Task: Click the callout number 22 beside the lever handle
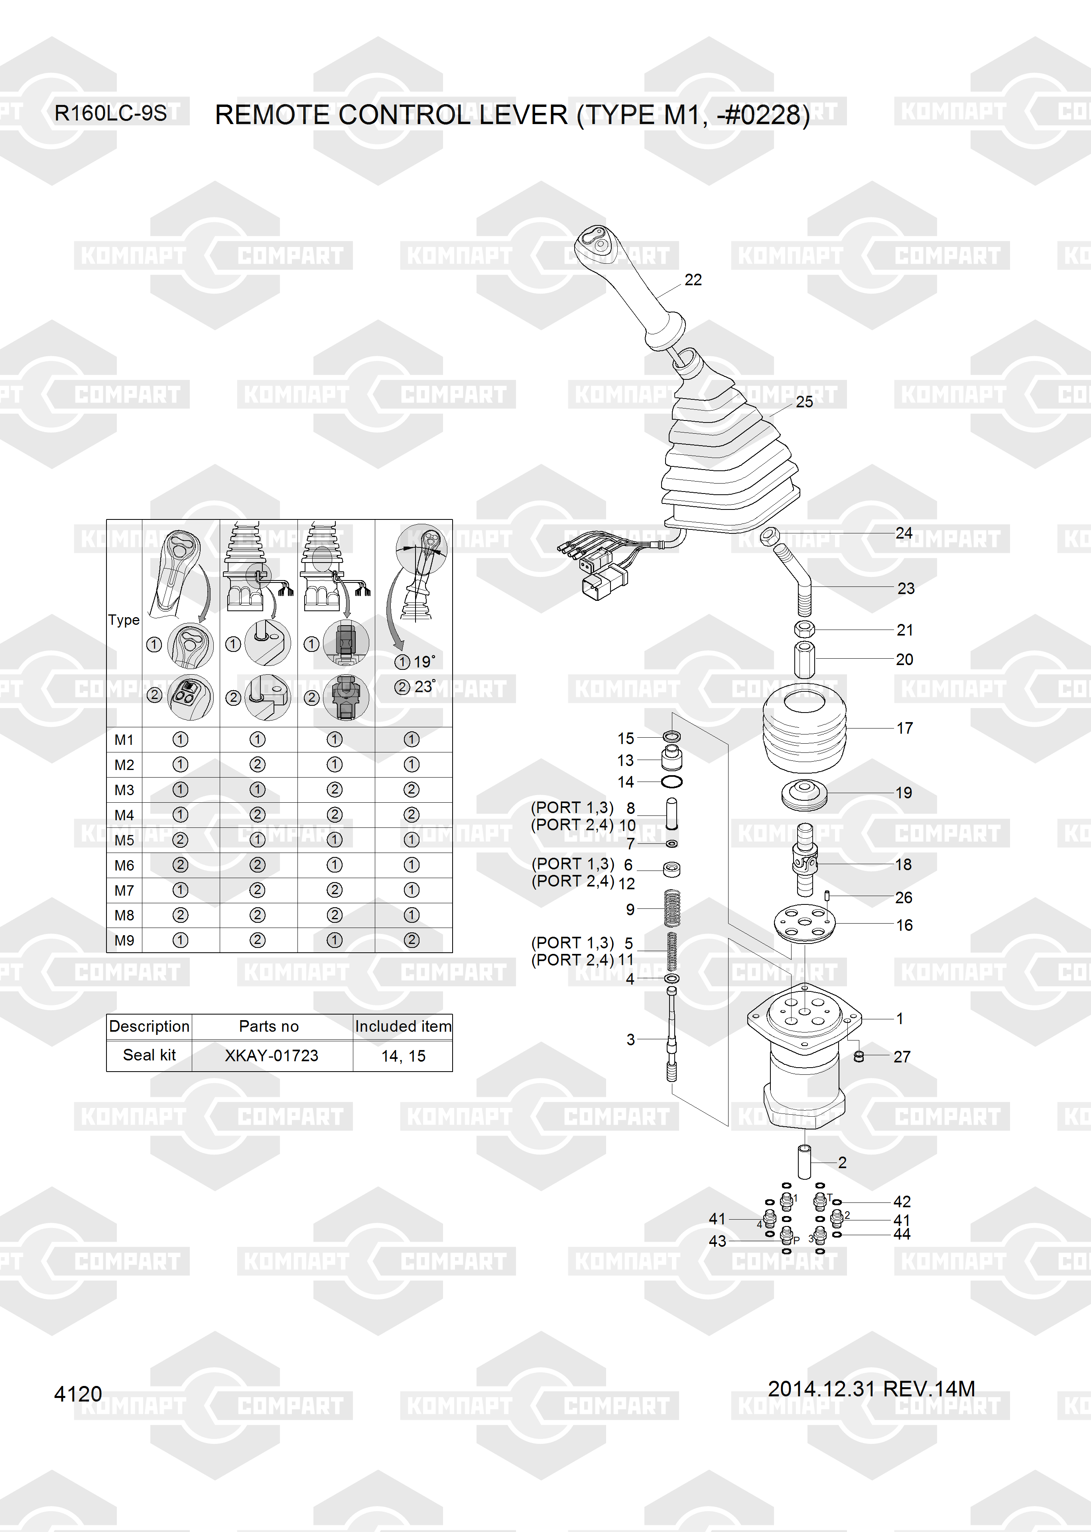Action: (693, 280)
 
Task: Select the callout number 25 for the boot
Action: (804, 402)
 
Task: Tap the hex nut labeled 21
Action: (805, 630)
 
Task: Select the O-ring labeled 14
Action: (672, 782)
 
